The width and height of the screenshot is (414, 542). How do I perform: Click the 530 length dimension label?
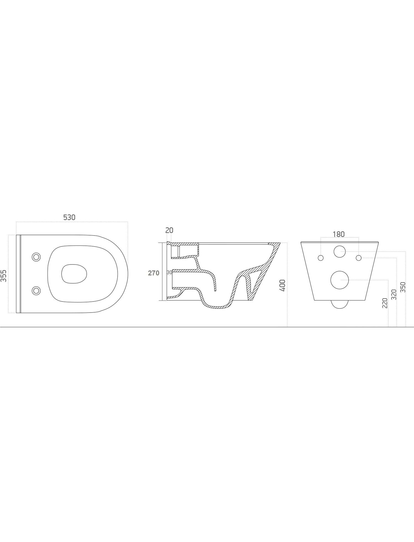click(69, 218)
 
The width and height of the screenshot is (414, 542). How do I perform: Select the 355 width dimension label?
click(4, 276)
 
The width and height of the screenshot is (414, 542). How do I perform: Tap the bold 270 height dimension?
click(154, 273)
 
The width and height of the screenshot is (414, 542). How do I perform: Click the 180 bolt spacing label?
click(339, 234)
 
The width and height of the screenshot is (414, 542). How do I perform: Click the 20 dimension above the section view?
click(169, 230)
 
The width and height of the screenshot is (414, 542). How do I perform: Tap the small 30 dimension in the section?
click(169, 273)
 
